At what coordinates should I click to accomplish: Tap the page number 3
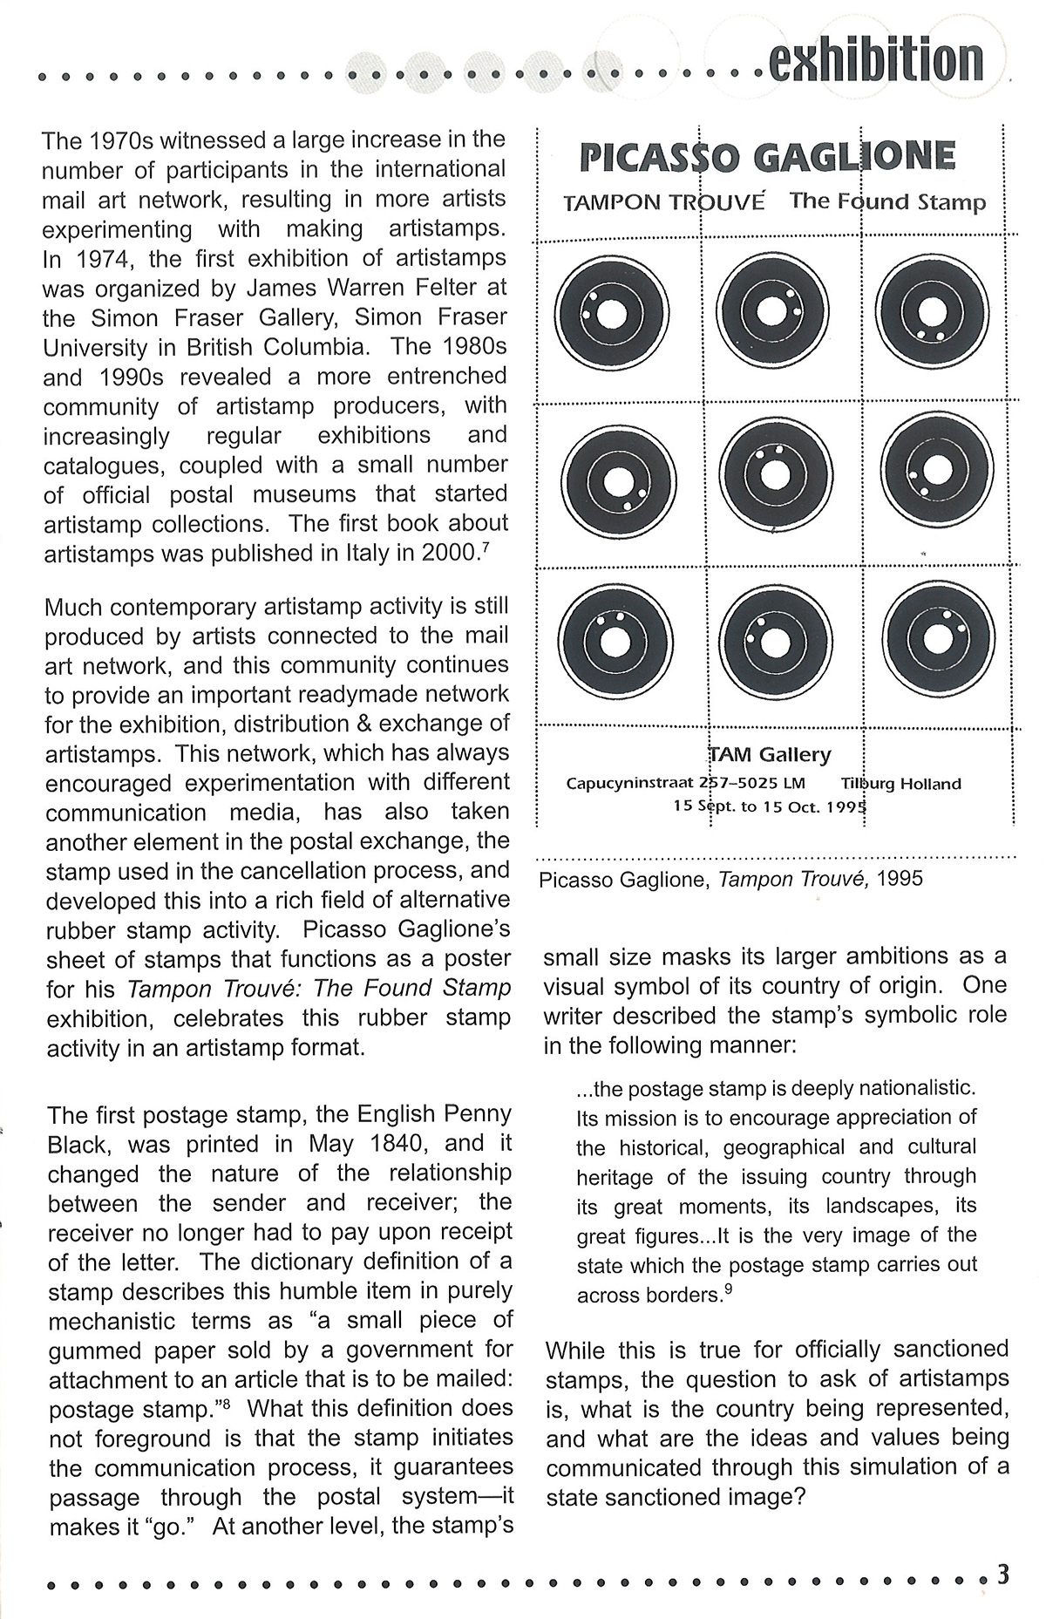[1002, 1574]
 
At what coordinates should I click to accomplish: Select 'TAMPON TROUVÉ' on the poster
[664, 203]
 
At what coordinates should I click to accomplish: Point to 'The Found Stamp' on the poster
[887, 201]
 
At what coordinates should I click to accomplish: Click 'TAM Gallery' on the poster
[770, 754]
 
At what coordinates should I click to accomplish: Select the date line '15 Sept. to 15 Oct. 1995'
[770, 806]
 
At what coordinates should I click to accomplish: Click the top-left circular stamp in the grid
[614, 312]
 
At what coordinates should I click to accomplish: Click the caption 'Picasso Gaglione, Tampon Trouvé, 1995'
[730, 879]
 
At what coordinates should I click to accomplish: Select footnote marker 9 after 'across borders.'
[727, 1289]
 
